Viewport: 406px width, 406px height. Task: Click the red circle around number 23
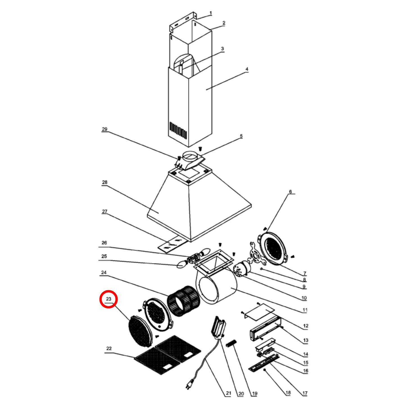108,299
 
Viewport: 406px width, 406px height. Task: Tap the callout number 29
105,129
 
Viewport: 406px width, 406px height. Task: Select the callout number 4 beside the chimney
247,69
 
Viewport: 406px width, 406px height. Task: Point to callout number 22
109,348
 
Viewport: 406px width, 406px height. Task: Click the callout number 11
305,310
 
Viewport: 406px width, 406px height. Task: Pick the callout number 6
290,192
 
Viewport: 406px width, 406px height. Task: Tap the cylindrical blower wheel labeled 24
183,301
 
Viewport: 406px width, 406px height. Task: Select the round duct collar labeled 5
191,157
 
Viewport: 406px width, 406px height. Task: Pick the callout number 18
288,393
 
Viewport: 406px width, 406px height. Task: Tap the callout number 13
306,340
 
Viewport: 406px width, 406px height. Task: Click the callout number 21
228,393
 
